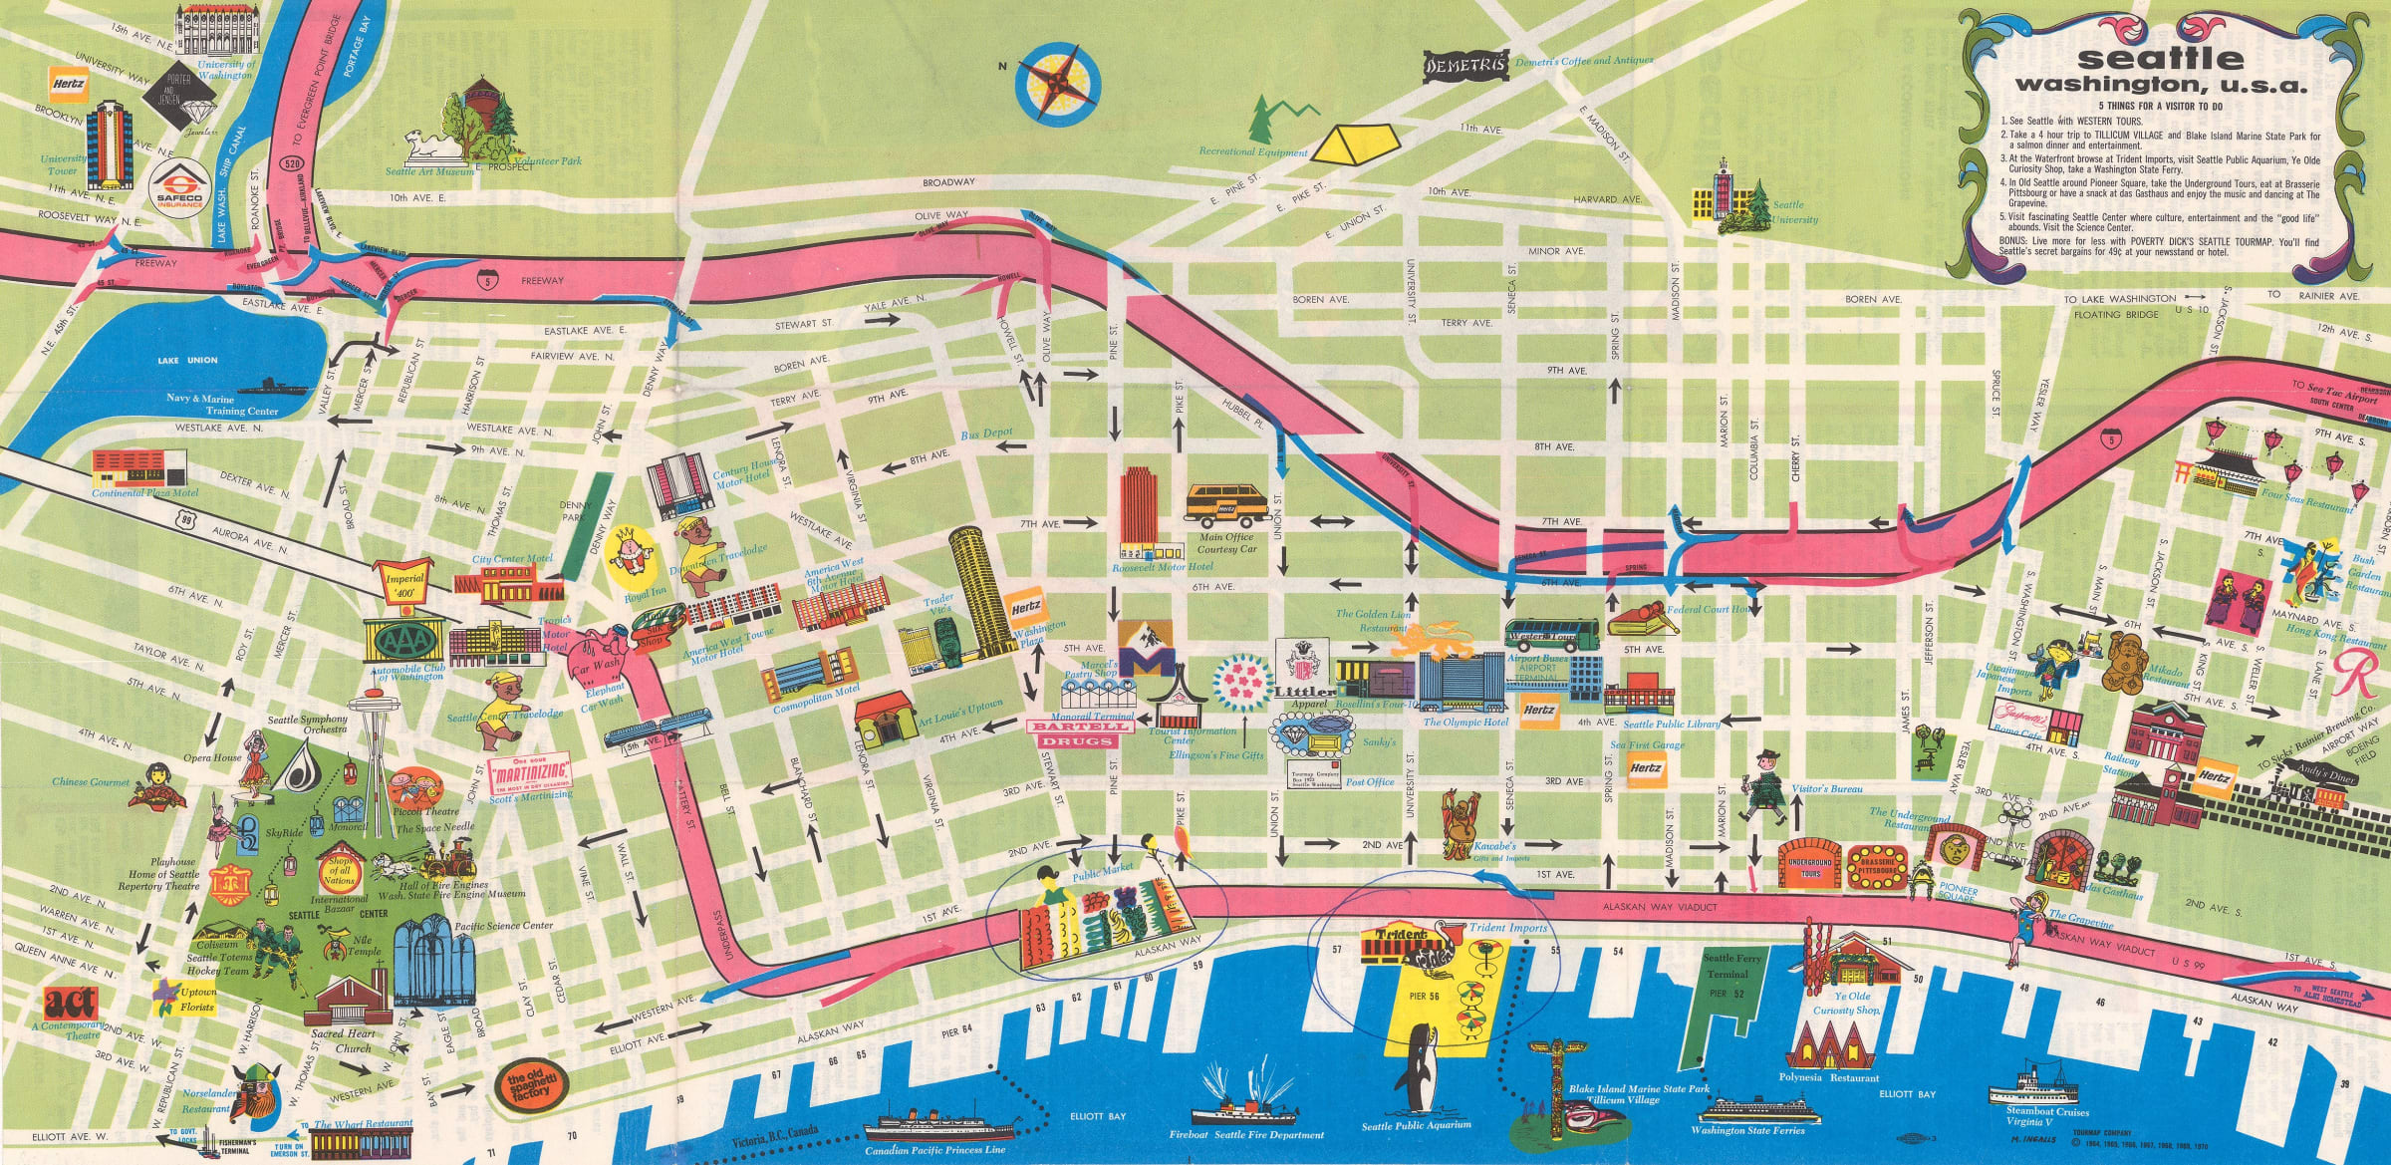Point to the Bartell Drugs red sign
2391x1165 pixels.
tap(1081, 733)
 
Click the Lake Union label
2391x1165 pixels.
tap(187, 361)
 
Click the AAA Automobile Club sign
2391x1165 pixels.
tap(404, 641)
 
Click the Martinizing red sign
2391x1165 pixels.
tap(529, 771)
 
